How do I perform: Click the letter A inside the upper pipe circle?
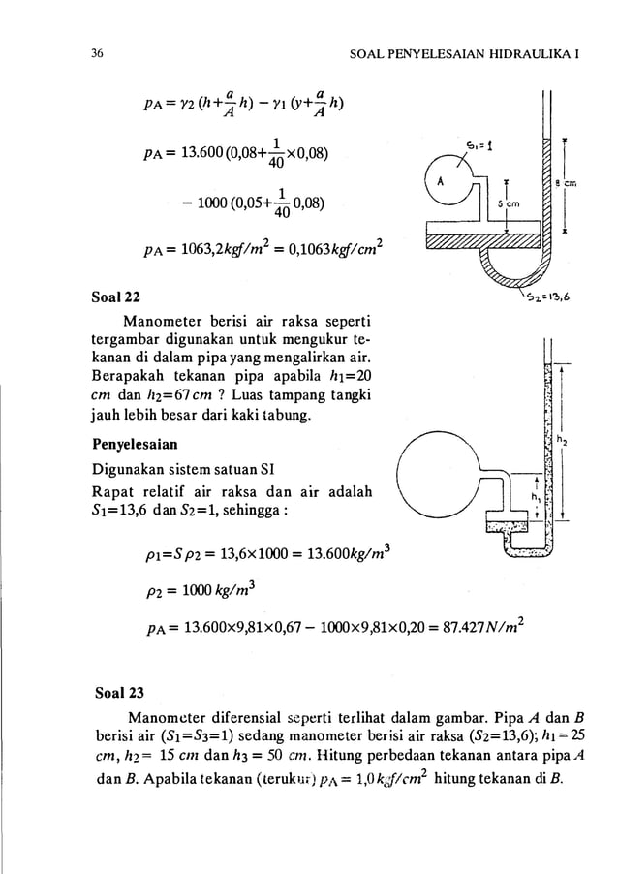tap(441, 181)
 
